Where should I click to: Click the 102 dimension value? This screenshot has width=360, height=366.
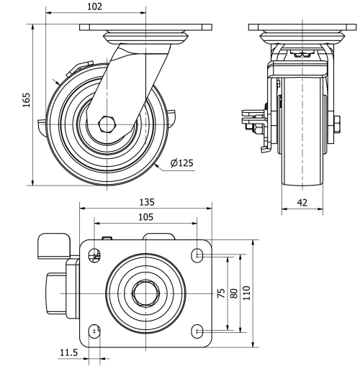pos(94,6)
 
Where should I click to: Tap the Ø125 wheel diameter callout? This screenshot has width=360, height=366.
pos(182,163)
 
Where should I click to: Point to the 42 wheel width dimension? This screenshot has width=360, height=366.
pos(302,203)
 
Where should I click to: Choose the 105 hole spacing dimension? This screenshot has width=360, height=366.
pos(146,216)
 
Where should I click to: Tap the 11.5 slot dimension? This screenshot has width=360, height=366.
pos(68,352)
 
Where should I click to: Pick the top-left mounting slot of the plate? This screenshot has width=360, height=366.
pos(94,255)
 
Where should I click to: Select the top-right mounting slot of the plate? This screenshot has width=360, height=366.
pos(198,255)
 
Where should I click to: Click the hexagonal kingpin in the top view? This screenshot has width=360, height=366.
pos(146,293)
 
